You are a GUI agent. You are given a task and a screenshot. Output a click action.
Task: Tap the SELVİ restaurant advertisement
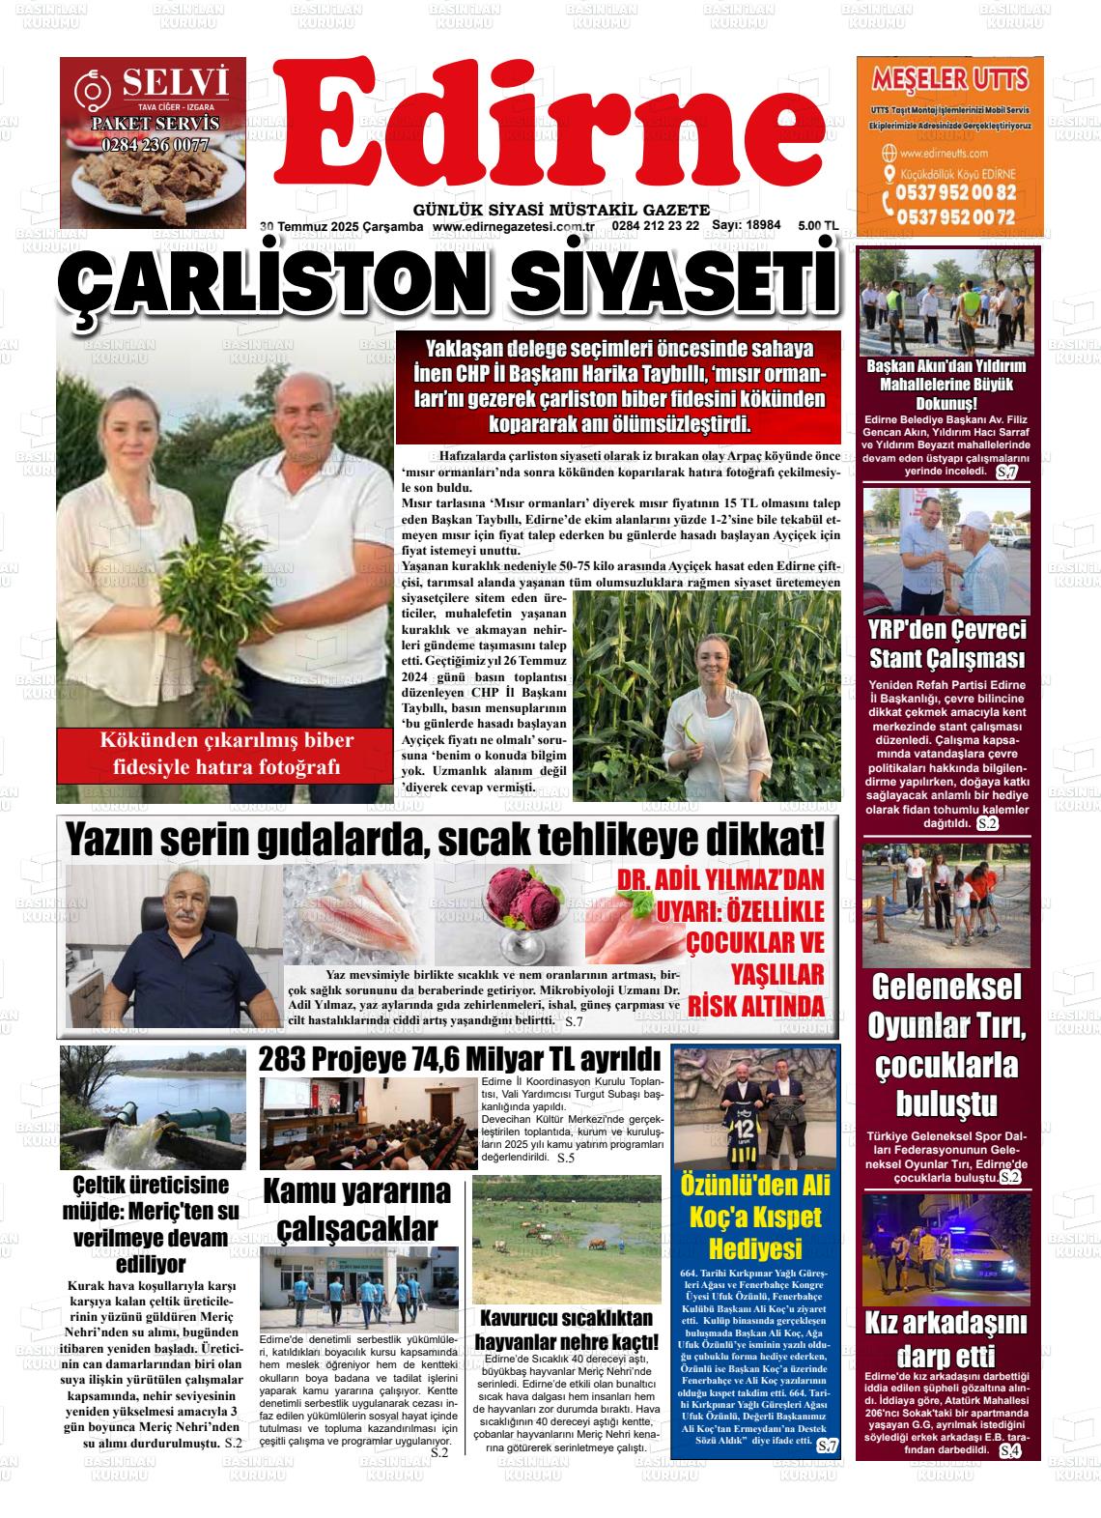[x=153, y=129]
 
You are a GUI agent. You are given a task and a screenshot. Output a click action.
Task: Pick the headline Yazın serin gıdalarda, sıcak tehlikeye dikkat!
[x=445, y=839]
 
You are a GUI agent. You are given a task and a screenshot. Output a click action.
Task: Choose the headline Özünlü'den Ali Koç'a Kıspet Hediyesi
[x=754, y=1216]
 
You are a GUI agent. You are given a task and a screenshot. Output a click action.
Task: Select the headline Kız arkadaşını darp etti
[x=946, y=1339]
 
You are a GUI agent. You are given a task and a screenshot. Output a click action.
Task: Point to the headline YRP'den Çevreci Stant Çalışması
[x=946, y=644]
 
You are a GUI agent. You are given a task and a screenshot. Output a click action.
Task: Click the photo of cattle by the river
[x=566, y=1239]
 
